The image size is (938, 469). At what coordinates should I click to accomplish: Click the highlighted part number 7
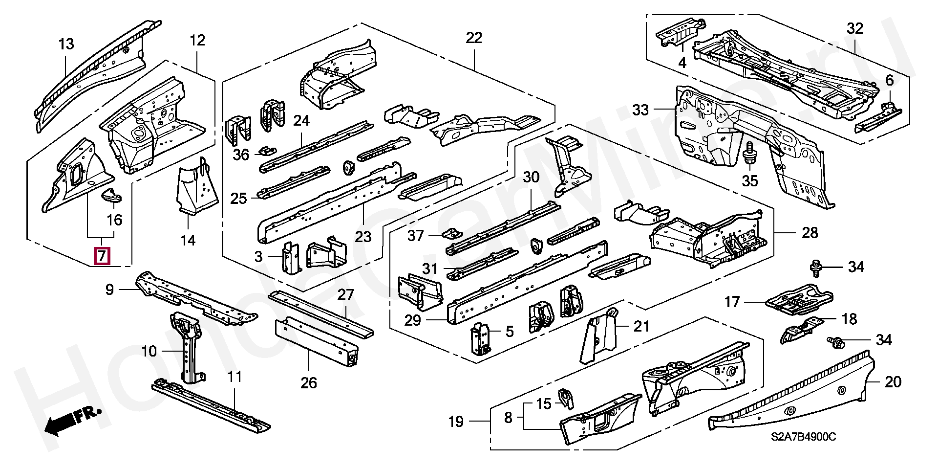(x=102, y=255)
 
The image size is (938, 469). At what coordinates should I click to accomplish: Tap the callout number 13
(x=66, y=44)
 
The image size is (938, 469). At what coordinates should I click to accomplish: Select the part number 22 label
(x=474, y=38)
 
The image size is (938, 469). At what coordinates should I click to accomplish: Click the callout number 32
(x=855, y=28)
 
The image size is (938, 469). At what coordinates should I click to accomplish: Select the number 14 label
(x=188, y=240)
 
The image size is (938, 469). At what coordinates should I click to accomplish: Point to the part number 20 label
(x=893, y=381)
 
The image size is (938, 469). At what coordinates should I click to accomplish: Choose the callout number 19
(x=456, y=422)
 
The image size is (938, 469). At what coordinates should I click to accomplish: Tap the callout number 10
(x=149, y=351)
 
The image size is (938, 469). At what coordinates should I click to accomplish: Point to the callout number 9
(x=109, y=290)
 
